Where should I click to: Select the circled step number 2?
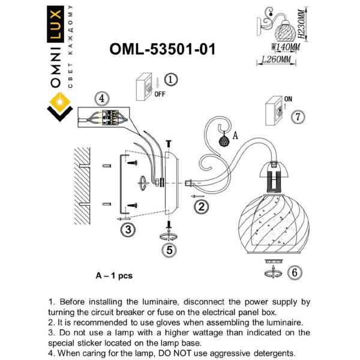[202, 207]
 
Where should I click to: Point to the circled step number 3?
[127, 229]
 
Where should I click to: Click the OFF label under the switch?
[160, 95]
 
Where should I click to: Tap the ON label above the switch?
[287, 98]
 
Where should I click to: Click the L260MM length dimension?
[277, 60]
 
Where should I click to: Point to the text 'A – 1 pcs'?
[114, 276]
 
